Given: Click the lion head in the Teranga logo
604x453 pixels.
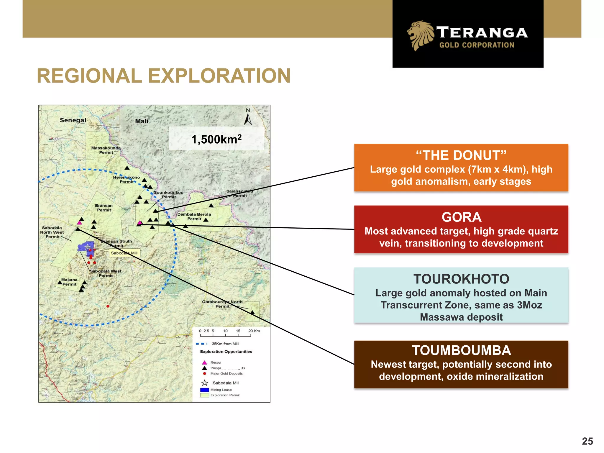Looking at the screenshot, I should [421, 35].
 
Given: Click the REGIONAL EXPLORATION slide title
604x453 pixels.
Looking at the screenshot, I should [164, 76].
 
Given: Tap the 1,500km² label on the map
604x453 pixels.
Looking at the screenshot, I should [216, 139].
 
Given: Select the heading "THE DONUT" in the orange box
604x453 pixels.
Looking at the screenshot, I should [461, 155].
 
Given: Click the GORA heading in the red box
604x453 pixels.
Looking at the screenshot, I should [461, 217].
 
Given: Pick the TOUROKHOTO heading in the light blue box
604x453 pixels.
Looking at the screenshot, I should [461, 279].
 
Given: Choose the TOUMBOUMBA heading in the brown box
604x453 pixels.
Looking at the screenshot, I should [461, 350].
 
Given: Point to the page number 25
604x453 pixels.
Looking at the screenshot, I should [587, 441].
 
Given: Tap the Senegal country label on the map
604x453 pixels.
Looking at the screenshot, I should [73, 120].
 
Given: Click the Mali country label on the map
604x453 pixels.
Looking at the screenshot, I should [142, 121].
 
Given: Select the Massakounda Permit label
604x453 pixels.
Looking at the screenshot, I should [106, 150].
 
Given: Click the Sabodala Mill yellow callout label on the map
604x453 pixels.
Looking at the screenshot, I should [124, 253].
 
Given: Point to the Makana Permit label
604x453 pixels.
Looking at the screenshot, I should [69, 282].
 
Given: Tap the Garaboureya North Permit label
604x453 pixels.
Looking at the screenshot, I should [222, 304].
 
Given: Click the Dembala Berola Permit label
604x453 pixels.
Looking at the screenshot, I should [194, 216].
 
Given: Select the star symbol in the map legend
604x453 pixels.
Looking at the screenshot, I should [204, 383].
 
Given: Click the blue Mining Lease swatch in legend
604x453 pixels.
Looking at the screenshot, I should [204, 390].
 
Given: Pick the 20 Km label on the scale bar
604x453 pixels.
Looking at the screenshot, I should [254, 331].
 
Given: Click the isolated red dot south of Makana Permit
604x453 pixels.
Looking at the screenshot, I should [108, 306].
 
